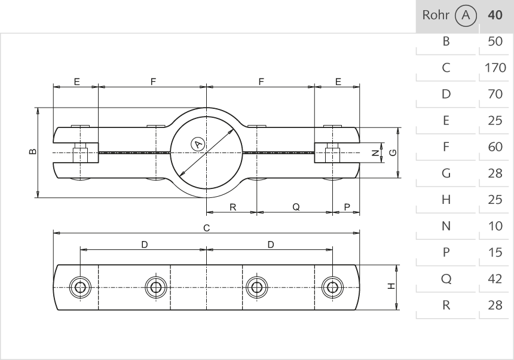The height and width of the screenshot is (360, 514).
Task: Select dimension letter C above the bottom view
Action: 206,227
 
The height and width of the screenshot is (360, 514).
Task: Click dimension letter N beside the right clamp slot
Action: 375,152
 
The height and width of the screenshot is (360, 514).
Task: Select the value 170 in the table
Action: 495,68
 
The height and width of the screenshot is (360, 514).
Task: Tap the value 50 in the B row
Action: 495,42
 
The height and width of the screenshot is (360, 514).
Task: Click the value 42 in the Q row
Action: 495,279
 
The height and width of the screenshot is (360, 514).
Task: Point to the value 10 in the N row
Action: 495,226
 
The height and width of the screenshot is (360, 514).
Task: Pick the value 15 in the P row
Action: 495,252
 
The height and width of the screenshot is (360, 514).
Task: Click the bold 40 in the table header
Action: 495,16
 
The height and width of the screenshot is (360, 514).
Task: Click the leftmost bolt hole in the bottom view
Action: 79,287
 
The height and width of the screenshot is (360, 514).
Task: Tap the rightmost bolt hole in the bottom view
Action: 332,287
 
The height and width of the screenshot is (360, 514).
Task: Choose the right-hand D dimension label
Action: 271,244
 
